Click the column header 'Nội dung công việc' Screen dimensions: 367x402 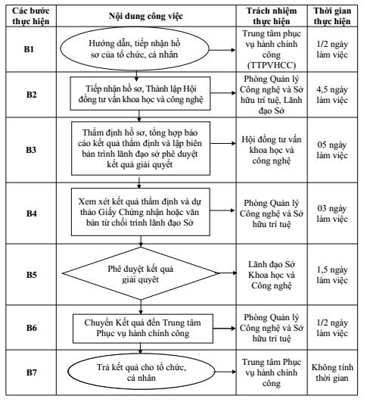click(146, 16)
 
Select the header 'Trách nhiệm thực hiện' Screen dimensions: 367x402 click(272, 16)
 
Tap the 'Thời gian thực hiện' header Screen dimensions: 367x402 click(332, 16)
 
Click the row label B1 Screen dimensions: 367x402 click(29, 49)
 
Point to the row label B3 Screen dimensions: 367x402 click(31, 150)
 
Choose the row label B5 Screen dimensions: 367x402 click(32, 275)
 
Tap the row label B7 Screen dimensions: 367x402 click(32, 372)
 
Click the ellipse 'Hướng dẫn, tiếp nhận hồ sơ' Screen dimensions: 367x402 click(135, 49)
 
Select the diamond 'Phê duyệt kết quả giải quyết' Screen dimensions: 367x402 click(141, 273)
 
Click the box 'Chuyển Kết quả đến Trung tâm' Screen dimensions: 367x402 click(143, 329)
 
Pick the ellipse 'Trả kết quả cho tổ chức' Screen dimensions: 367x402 click(142, 372)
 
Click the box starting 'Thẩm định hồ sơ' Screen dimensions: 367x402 click(141, 148)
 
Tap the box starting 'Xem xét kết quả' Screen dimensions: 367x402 click(141, 212)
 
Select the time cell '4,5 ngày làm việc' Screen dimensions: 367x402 click(332, 95)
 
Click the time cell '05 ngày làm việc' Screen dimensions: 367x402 click(332, 150)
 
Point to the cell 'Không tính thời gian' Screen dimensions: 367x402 click(332, 372)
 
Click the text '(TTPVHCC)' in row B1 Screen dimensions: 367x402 click(272, 65)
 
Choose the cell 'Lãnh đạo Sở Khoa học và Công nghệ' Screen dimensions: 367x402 click(272, 275)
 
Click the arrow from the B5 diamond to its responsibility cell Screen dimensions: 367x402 click(228, 273)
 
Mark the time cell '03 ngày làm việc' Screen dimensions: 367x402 click(332, 213)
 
